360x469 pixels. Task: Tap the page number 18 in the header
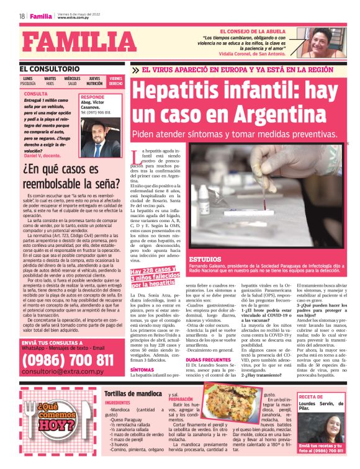pyautogui.click(x=22, y=16)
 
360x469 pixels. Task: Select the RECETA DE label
pyautogui.click(x=313, y=396)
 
